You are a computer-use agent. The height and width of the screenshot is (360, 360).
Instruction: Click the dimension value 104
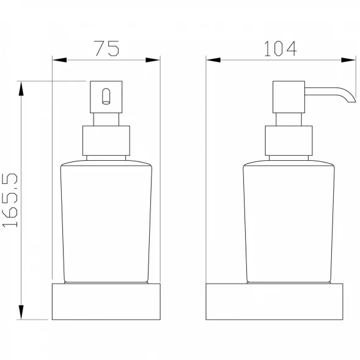(x=281, y=48)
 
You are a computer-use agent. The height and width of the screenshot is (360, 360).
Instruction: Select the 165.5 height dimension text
(x=10, y=200)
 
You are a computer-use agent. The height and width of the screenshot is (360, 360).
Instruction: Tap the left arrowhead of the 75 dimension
(x=59, y=60)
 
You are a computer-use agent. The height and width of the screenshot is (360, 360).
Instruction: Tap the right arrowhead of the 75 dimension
(x=153, y=60)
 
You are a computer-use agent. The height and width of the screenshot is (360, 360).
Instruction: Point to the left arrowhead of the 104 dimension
(x=213, y=60)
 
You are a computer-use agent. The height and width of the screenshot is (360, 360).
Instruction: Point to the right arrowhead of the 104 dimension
(x=348, y=60)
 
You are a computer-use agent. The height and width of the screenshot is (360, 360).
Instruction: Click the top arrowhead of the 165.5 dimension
(x=21, y=89)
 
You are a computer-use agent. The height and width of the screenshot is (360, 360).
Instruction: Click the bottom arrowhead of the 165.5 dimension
(x=21, y=312)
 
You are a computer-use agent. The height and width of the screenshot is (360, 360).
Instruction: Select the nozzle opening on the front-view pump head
(x=106, y=97)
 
